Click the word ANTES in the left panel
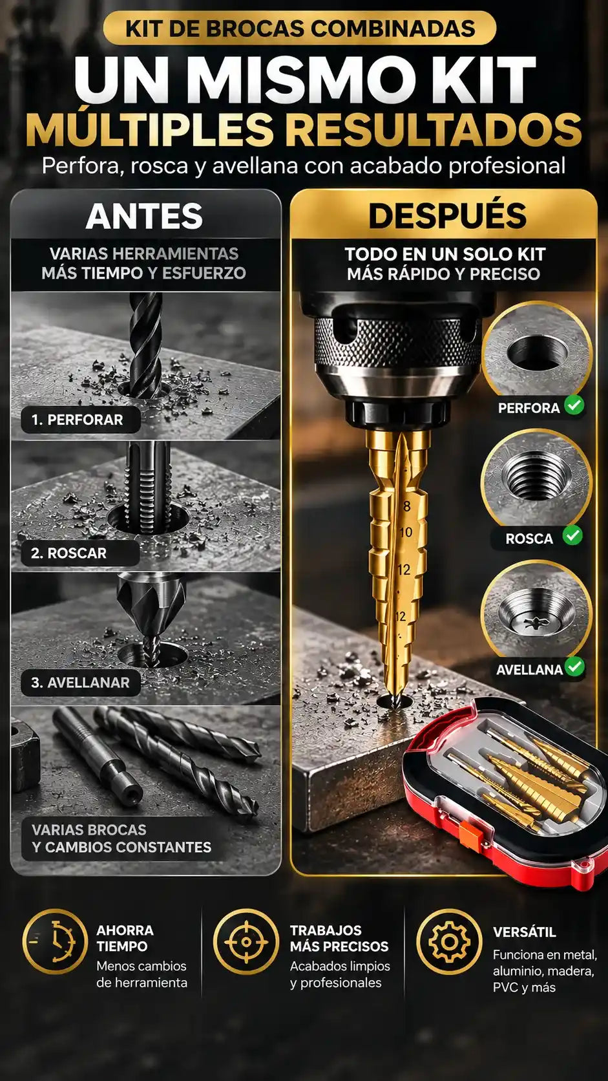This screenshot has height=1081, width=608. click(144, 216)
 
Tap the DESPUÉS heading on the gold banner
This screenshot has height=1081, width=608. click(448, 215)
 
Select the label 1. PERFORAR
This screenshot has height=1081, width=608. click(77, 420)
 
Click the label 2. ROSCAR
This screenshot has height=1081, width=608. click(68, 553)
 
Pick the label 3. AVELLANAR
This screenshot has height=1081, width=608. click(80, 682)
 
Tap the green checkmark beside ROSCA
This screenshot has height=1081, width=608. click(572, 535)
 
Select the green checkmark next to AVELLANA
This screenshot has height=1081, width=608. click(575, 667)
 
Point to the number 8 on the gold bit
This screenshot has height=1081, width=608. click(406, 506)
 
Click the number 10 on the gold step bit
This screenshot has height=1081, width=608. click(406, 532)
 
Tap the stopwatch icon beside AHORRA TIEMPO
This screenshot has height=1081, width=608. click(55, 941)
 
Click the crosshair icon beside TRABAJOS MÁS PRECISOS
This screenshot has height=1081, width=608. click(246, 941)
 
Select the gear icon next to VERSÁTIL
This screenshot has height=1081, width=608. click(449, 941)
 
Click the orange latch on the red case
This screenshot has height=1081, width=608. click(468, 833)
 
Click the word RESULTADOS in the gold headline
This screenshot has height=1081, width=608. click(436, 129)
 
